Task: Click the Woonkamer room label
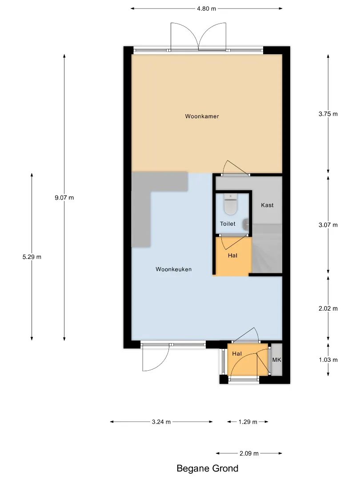(x=202, y=116)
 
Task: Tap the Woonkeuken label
(x=174, y=269)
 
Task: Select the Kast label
(x=267, y=205)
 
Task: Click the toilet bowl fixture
(x=231, y=204)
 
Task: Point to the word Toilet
(x=228, y=224)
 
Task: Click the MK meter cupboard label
(x=277, y=360)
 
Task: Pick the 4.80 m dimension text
(x=207, y=8)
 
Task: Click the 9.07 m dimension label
(x=64, y=198)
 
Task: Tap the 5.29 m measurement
(x=32, y=257)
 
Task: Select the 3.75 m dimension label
(x=328, y=114)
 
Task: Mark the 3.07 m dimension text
(x=328, y=225)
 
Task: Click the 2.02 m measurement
(x=328, y=308)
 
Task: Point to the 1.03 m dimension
(x=328, y=360)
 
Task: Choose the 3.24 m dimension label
(x=161, y=422)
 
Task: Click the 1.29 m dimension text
(x=248, y=422)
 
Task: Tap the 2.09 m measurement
(x=249, y=453)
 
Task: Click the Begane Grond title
(x=208, y=468)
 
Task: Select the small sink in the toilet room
(x=245, y=225)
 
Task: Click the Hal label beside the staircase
(x=232, y=256)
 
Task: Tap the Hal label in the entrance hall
(x=237, y=354)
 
